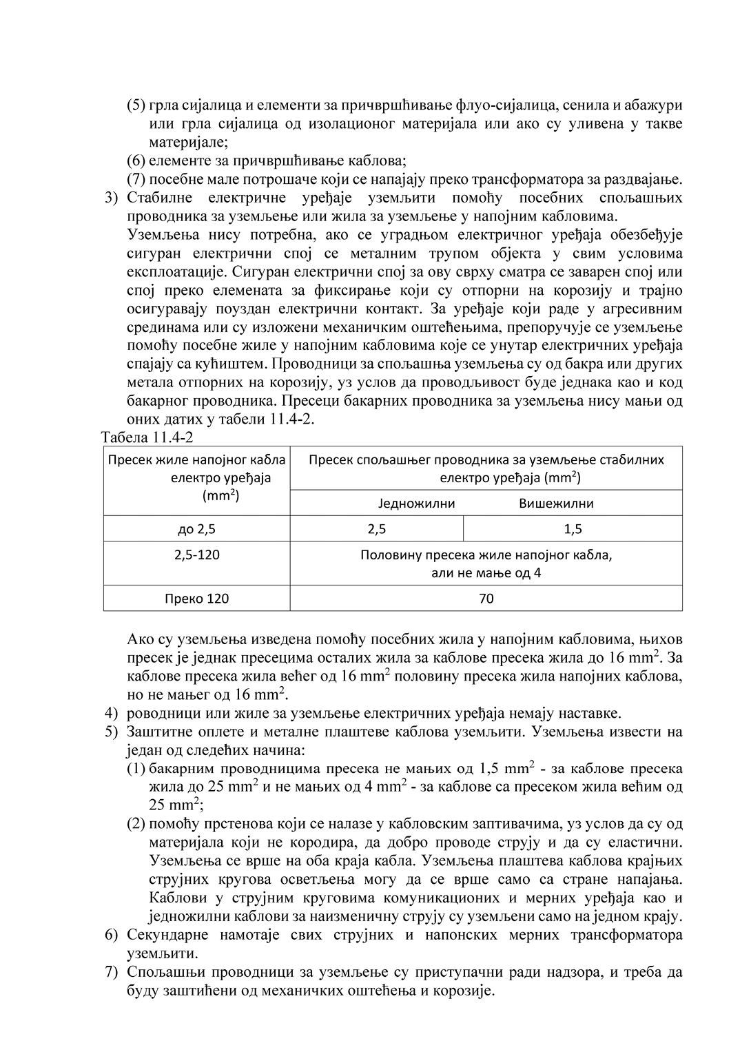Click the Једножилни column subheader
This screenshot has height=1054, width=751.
(x=416, y=503)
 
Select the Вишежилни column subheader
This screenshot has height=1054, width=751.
(x=556, y=503)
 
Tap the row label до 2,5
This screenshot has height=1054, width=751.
(x=197, y=529)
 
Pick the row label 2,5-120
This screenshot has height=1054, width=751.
(x=197, y=555)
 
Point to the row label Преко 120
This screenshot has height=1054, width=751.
(x=197, y=599)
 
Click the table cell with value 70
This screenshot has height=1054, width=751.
(x=486, y=599)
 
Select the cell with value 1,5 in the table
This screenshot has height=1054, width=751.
(x=573, y=529)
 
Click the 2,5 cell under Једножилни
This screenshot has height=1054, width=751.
(x=377, y=529)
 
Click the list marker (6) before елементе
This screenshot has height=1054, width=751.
(x=136, y=161)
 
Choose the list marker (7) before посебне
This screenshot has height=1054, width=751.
(x=136, y=180)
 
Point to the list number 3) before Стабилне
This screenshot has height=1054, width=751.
(x=112, y=198)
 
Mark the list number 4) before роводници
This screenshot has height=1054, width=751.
(x=112, y=713)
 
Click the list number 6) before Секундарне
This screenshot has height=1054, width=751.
(x=112, y=936)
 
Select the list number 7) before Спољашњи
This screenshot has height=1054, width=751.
(x=112, y=973)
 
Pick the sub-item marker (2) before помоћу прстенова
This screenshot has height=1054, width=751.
(x=136, y=824)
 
